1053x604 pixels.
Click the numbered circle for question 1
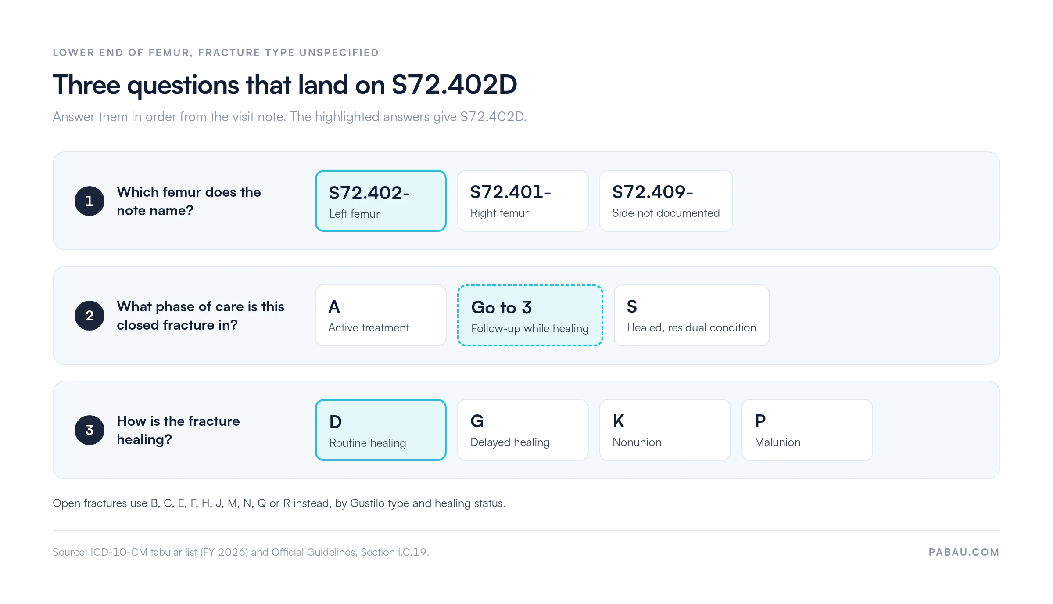[x=90, y=201]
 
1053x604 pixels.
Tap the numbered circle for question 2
[x=90, y=316]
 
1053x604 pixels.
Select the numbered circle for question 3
[x=90, y=430]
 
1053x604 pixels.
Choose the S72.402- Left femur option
[x=381, y=201]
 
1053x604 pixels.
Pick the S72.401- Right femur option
[x=523, y=201]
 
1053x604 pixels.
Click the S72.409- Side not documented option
[x=666, y=201]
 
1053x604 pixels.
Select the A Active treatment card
[x=381, y=316]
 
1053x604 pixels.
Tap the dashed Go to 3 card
[x=530, y=316]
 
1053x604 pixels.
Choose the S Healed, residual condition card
[x=691, y=316]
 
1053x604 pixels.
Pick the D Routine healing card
[x=381, y=430]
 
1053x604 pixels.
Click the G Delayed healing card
[x=523, y=430]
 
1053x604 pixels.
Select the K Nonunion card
[x=665, y=430]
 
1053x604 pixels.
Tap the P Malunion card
[x=807, y=430]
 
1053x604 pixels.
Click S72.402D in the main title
[x=454, y=85]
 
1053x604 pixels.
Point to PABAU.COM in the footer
[x=964, y=552]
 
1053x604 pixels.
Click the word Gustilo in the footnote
[x=365, y=503]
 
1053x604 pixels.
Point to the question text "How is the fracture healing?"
[x=178, y=430]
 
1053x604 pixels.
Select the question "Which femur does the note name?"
[x=189, y=201]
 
